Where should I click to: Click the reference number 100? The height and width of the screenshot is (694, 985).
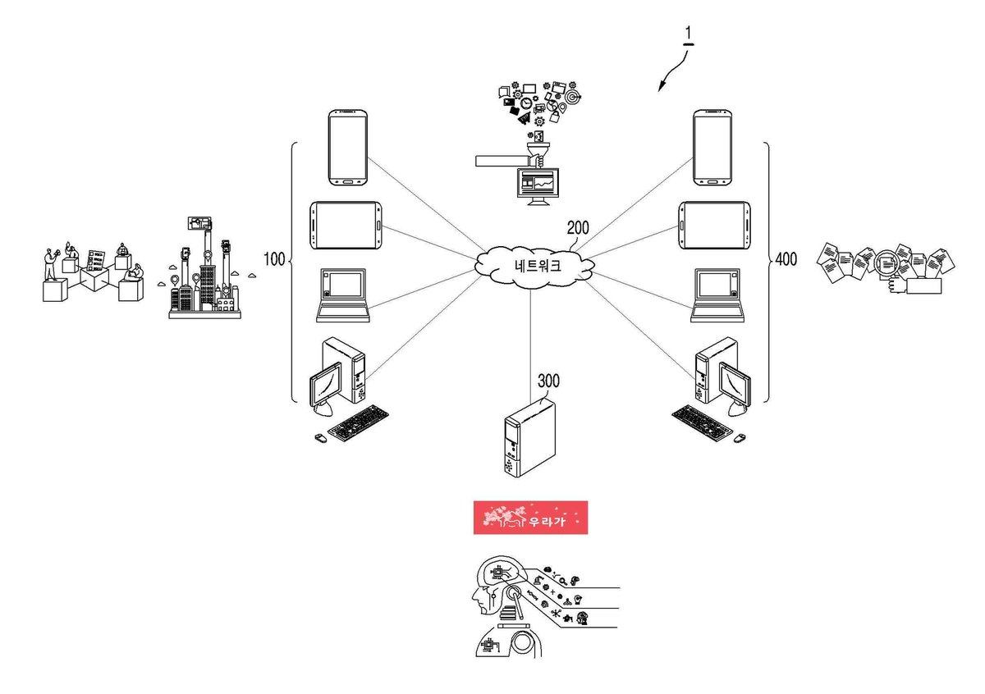(274, 259)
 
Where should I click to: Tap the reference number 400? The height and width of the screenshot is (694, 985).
(786, 259)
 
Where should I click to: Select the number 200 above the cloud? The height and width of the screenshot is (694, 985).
(578, 228)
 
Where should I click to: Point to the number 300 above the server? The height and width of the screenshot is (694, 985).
(549, 381)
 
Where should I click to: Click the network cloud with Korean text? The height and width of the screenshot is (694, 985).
(534, 267)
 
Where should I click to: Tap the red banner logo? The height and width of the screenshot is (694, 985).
(530, 518)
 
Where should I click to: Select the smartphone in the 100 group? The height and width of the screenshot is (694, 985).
(348, 148)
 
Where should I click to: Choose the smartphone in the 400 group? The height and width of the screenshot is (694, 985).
(712, 148)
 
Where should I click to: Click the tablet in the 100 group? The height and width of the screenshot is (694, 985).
(346, 226)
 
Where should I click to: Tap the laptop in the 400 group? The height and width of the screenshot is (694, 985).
(717, 295)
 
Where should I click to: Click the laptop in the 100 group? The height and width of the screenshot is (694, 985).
(343, 295)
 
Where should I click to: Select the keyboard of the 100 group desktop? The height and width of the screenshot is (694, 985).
(359, 422)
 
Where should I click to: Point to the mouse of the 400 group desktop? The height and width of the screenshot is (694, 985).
(740, 438)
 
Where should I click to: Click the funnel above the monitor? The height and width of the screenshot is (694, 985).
(538, 150)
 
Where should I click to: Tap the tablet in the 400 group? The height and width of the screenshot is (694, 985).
(714, 226)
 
